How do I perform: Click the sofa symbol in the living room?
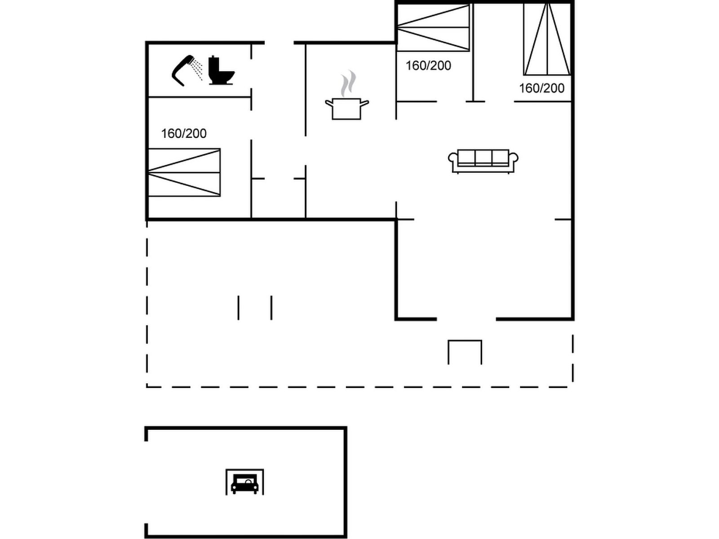tap(483, 161)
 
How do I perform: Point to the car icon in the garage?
tap(244, 484)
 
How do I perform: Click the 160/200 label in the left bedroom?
tap(184, 133)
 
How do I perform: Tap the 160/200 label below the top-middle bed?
tap(428, 66)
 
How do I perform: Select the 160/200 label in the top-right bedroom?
tap(542, 88)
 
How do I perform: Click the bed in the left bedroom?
tap(184, 172)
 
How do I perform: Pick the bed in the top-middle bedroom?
tap(433, 27)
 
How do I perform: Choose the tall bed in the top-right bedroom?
tap(547, 39)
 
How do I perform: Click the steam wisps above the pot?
tap(348, 84)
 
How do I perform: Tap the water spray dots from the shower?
tap(197, 69)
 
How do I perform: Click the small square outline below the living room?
tap(465, 352)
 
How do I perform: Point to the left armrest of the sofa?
tap(453, 161)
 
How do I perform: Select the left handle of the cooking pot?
tap(329, 104)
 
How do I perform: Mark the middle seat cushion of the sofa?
tap(483, 157)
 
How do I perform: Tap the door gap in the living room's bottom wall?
tap(466, 319)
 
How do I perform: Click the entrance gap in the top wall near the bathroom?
tap(279, 43)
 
